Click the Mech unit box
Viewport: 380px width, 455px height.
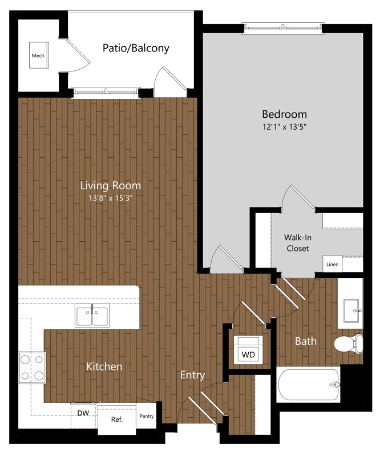click(x=39, y=55)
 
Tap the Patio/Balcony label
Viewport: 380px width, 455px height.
click(x=136, y=48)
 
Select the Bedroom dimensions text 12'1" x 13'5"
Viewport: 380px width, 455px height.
click(x=284, y=126)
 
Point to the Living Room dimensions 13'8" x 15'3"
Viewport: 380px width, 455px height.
click(x=111, y=198)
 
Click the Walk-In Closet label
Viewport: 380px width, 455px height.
click(x=298, y=243)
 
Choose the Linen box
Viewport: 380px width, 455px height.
click(x=332, y=264)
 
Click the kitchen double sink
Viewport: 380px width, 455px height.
click(x=92, y=316)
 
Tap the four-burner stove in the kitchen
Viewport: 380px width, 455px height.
click(x=32, y=368)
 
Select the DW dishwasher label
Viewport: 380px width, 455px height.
click(x=83, y=413)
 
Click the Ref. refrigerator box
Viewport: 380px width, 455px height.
click(x=117, y=420)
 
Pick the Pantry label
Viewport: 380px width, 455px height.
click(x=147, y=416)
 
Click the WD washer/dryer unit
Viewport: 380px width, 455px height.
click(x=248, y=350)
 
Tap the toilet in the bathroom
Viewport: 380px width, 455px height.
click(x=349, y=344)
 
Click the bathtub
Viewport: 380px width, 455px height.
click(x=309, y=385)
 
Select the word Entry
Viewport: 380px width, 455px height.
click(x=193, y=375)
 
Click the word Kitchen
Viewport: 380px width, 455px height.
click(x=104, y=366)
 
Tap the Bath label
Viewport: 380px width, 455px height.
click(x=306, y=341)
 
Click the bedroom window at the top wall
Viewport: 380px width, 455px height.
click(x=283, y=27)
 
